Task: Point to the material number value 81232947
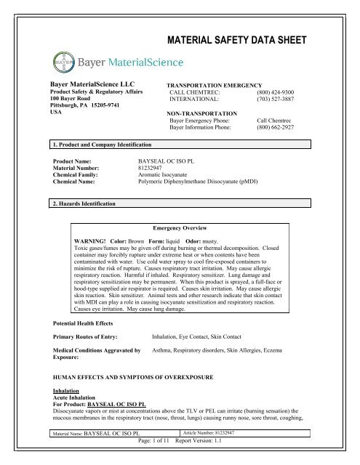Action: point(154,168)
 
